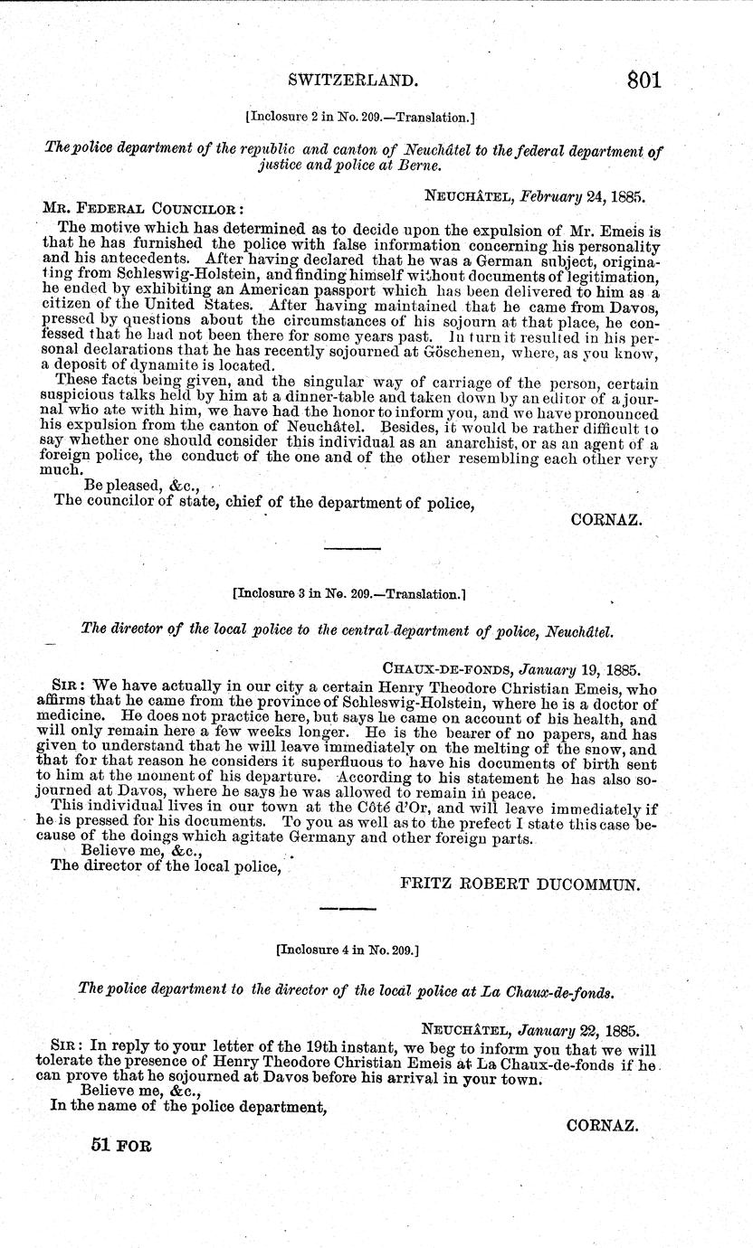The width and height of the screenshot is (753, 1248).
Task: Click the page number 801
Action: click(643, 80)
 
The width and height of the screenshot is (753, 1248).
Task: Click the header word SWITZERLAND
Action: click(353, 81)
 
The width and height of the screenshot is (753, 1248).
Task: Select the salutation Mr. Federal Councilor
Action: click(141, 207)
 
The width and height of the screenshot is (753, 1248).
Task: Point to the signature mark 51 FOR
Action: click(121, 1144)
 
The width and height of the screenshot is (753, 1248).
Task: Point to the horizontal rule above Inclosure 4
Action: click(347, 907)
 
